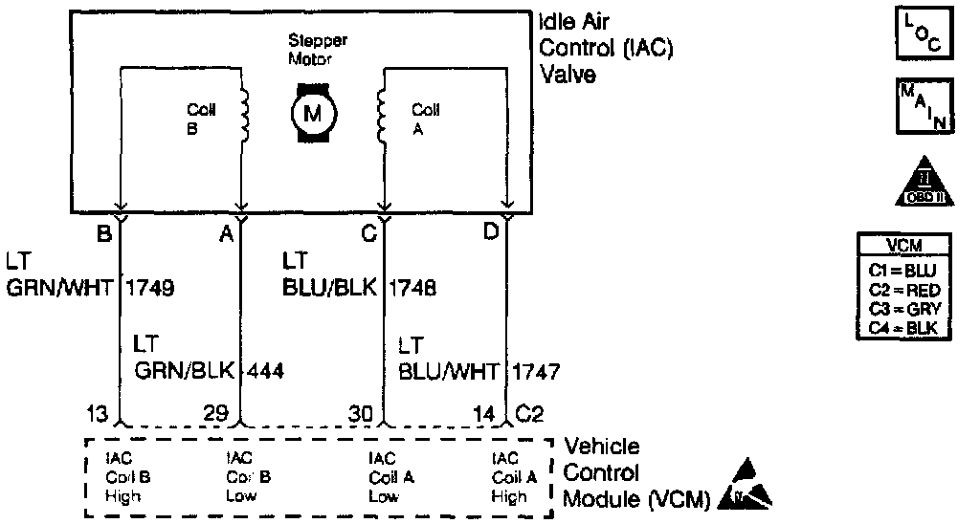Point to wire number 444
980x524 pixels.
click(265, 370)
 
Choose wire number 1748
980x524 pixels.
click(412, 286)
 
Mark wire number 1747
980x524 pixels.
click(536, 370)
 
